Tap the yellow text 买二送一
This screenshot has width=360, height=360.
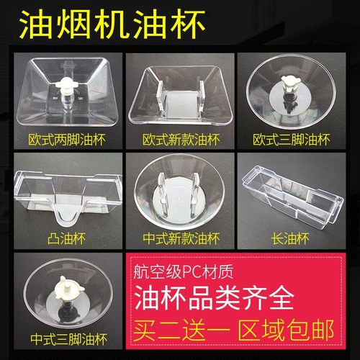coord(174,330)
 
